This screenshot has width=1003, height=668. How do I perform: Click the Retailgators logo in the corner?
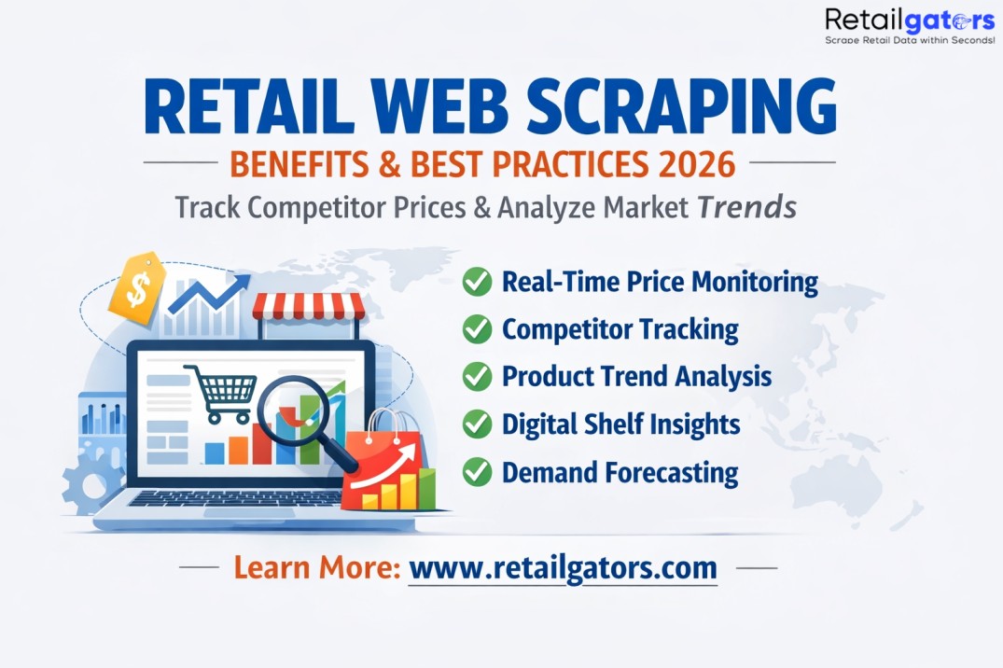point(896,25)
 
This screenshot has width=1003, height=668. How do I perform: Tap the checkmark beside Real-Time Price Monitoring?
point(478,281)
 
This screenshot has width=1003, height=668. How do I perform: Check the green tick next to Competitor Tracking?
point(478,328)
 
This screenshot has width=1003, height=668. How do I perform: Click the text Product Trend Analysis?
point(636,376)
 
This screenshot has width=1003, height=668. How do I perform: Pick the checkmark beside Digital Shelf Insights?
point(478,424)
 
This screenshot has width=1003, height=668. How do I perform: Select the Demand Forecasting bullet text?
point(620,471)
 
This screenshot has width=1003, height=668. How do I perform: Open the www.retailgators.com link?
point(563,567)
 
